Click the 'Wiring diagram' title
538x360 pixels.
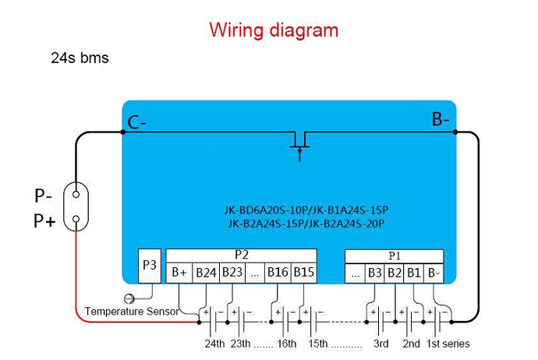click(x=274, y=30)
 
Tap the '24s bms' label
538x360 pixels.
click(x=80, y=58)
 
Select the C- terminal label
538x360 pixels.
click(x=137, y=122)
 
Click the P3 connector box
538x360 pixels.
click(x=150, y=266)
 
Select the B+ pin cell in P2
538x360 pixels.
click(x=179, y=273)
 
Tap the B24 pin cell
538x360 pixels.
click(x=206, y=273)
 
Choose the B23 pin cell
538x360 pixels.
click(x=232, y=273)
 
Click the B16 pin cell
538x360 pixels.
click(x=278, y=273)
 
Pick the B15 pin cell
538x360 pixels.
click(x=304, y=273)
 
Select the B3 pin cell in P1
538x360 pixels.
click(x=374, y=273)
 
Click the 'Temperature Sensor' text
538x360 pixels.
click(x=132, y=311)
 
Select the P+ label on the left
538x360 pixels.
click(x=44, y=221)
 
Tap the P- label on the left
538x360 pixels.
click(x=44, y=196)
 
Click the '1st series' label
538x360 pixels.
click(x=448, y=344)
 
